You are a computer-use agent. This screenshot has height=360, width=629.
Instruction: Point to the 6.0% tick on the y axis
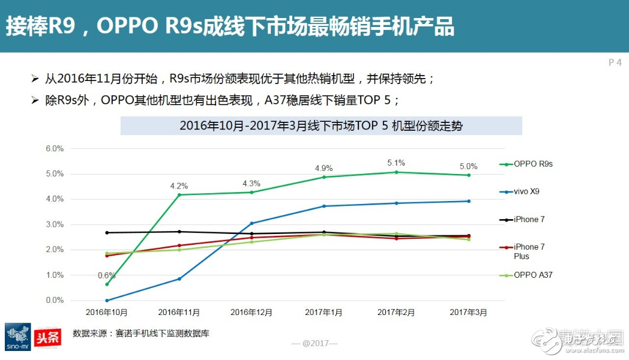point(55,149)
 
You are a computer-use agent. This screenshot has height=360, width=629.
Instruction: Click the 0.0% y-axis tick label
point(55,301)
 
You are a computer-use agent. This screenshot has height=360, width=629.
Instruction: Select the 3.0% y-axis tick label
point(55,225)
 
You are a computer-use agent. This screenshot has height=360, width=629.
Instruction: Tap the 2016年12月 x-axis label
point(251,313)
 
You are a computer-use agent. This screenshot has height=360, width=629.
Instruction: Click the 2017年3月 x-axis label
point(468,313)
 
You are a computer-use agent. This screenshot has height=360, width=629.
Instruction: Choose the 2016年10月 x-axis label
point(106,313)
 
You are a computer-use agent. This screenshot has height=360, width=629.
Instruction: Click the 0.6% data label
point(107,275)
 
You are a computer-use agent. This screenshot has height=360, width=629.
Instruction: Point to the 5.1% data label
point(396,163)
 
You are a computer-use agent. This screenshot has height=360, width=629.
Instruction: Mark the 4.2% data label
point(179,185)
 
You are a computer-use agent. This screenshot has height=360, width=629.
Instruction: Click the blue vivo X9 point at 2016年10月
point(107,301)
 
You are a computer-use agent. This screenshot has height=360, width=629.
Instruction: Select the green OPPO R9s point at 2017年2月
point(396,172)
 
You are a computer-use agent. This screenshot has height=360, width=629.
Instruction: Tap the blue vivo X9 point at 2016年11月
point(179,279)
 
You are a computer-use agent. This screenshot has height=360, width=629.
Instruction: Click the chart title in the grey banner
point(321,126)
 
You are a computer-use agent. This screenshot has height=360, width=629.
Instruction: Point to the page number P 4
point(615,62)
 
